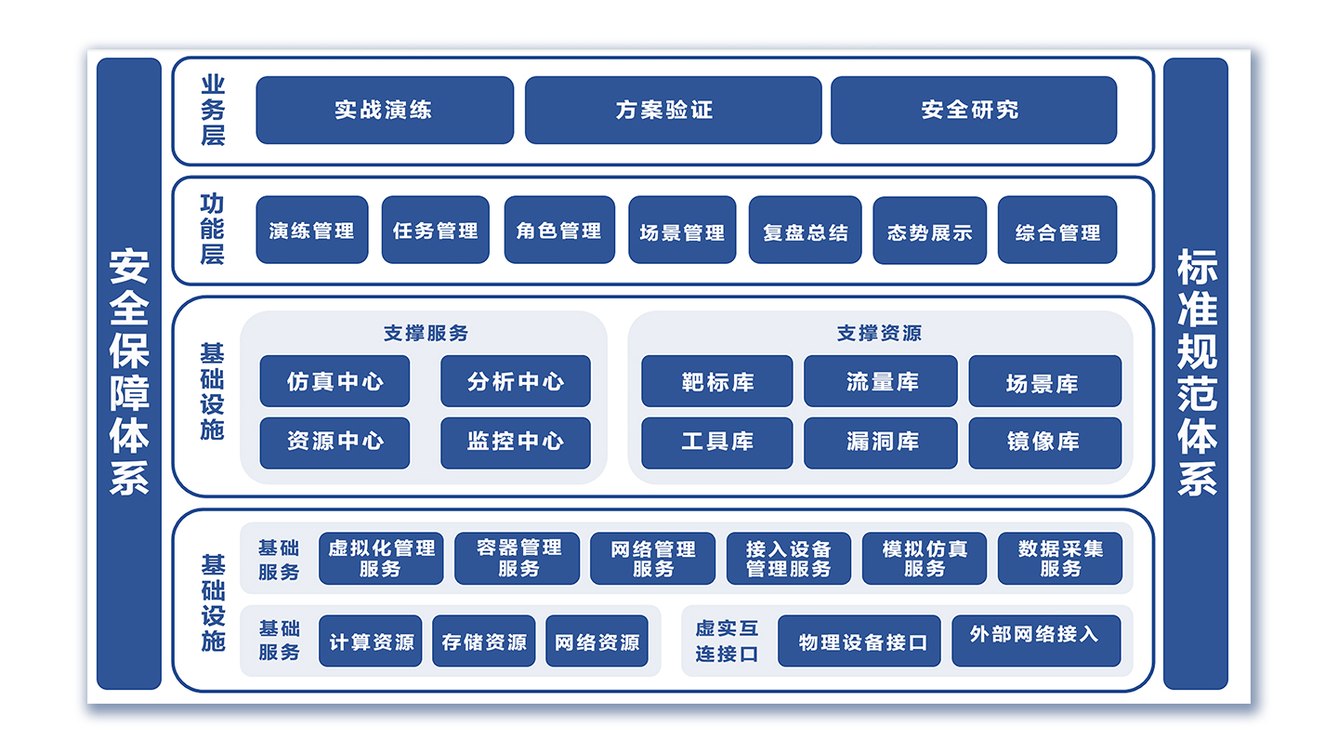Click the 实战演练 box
coord(384,110)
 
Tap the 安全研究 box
coord(973,110)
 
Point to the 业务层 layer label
coord(213,111)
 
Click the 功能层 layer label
coord(213,229)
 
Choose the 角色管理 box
coord(559,230)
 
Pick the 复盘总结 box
coord(805,231)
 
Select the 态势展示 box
coord(929,231)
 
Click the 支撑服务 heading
coord(426,333)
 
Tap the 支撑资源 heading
coord(879,333)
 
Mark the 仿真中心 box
coord(334,381)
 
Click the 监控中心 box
coord(515,443)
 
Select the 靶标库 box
coord(716,381)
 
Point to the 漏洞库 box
coord(880,443)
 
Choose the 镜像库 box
coord(1044,443)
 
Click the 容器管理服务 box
coord(517,558)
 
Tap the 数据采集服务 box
coord(1059,558)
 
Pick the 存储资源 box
coord(483,641)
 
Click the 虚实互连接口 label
coord(727,641)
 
